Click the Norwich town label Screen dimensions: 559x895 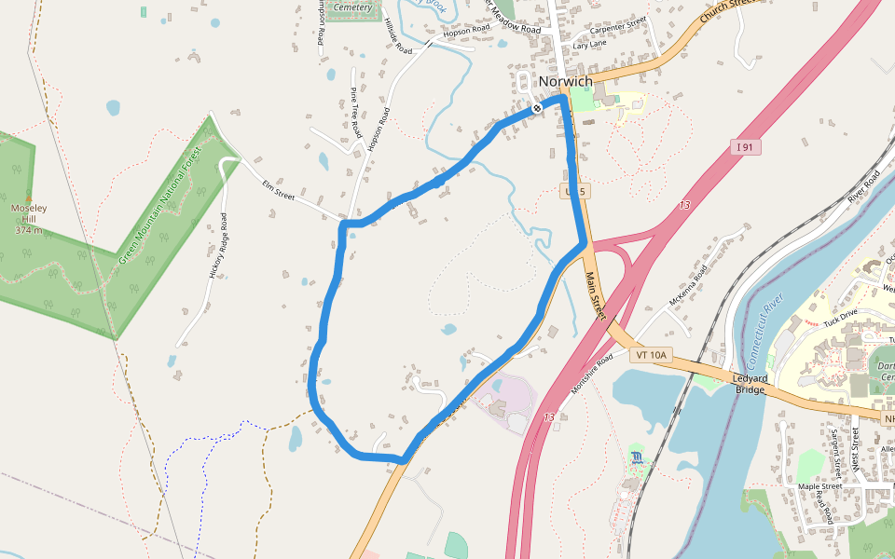tap(565, 82)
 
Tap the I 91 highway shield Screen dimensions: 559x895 tap(743, 146)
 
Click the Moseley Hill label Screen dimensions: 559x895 tap(29, 218)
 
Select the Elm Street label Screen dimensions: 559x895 tap(278, 196)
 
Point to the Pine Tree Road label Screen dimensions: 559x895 tap(355, 113)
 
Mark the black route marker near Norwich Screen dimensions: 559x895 tap(537, 108)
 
